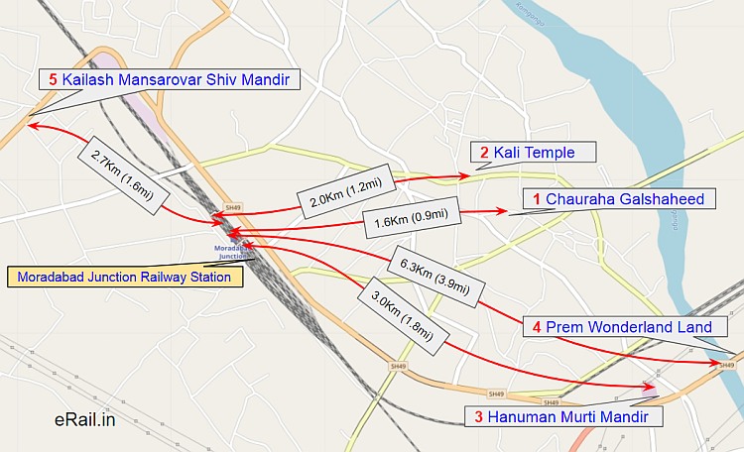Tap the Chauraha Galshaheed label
pos(618,199)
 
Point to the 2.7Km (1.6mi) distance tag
pos(121,164)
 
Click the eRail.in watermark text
pos(85,421)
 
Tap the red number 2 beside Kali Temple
pos(484,153)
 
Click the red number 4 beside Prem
pos(537,327)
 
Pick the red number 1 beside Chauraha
pos(537,199)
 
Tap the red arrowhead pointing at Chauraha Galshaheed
pos(501,211)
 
